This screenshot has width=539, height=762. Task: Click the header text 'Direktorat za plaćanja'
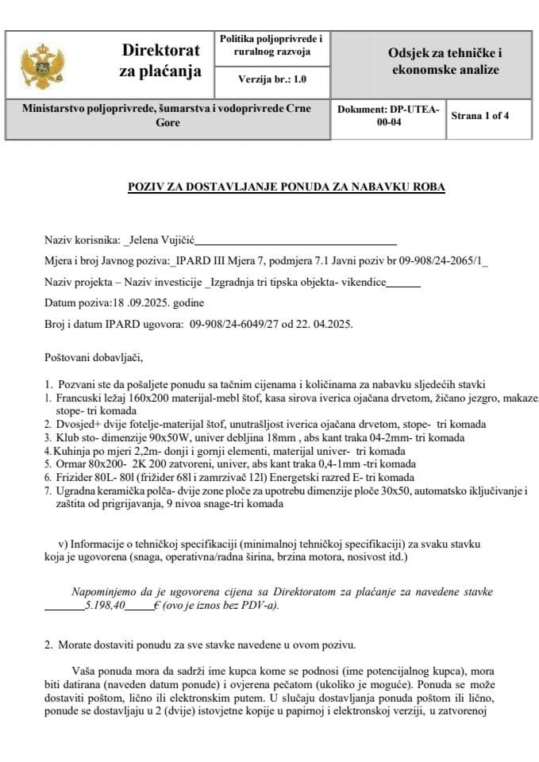[160, 60]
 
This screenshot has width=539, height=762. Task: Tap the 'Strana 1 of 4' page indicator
[479, 115]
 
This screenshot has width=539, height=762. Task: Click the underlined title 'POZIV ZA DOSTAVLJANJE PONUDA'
[287, 187]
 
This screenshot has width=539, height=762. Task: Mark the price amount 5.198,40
[108, 605]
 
